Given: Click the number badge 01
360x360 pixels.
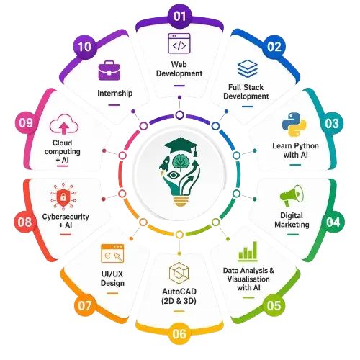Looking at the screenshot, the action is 179,16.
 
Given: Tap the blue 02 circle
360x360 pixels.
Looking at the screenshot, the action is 274,47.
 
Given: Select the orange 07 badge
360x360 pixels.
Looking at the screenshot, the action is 84,305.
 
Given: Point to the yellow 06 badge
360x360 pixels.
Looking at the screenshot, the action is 179,333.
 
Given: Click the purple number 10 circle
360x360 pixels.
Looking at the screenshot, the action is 85,46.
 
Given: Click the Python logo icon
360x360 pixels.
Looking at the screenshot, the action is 294,125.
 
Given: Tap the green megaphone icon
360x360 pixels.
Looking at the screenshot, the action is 292,196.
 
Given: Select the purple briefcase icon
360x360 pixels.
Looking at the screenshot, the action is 109,70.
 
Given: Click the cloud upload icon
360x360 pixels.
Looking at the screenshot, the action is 64,124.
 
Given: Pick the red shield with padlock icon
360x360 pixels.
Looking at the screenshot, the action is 63,196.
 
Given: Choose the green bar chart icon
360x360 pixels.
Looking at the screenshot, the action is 248,251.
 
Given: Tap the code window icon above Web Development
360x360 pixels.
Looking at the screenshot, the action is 179,43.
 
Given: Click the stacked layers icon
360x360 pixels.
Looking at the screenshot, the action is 248,69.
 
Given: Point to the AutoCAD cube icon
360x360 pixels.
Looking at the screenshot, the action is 179,273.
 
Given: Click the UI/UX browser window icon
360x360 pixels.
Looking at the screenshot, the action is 112,253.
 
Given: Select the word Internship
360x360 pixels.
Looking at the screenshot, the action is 115,93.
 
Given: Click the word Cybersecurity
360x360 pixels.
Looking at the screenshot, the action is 66,217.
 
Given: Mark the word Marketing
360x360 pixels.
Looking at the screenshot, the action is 292,225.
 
